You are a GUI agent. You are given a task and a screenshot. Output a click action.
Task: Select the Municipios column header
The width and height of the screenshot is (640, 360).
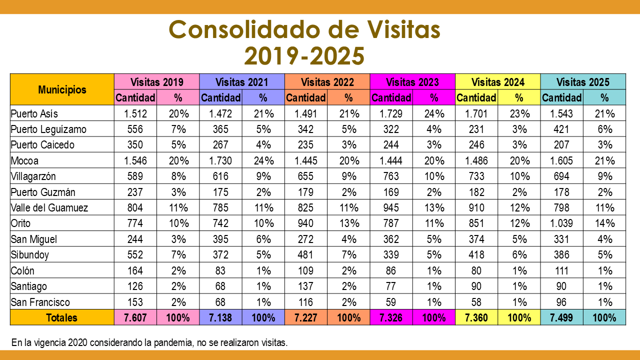[62, 89]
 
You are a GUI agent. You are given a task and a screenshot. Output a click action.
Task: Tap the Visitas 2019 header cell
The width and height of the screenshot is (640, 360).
[156, 82]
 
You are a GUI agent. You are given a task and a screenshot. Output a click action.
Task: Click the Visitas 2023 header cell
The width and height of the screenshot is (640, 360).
[412, 82]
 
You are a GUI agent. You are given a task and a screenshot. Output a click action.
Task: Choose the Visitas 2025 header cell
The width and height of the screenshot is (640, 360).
[582, 82]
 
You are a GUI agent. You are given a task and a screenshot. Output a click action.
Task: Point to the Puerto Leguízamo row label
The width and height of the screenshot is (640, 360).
[48, 129]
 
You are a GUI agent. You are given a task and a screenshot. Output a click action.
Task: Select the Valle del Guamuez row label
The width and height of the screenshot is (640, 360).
[49, 207]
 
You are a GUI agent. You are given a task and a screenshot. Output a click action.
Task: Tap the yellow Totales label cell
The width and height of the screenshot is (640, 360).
[62, 317]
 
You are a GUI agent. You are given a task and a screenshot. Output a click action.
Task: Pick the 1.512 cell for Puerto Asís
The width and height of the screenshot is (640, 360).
[135, 113]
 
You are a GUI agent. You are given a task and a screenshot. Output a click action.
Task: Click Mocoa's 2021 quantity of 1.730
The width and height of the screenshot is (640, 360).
[220, 161]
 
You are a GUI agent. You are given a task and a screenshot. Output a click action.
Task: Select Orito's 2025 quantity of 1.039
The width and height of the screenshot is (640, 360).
[561, 223]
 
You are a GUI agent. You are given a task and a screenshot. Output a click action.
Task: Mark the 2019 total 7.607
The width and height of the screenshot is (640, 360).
[135, 317]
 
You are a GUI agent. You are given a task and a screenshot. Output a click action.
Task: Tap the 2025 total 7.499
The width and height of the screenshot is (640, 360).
[561, 317]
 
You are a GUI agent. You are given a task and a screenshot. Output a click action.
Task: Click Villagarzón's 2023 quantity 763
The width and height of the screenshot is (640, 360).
[391, 176]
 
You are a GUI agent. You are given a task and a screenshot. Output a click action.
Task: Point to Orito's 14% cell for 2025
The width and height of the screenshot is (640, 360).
[604, 223]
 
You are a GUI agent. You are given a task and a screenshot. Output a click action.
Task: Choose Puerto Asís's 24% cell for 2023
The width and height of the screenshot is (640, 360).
[433, 113]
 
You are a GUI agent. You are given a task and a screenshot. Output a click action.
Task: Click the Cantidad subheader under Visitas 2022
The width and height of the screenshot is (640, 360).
[306, 97]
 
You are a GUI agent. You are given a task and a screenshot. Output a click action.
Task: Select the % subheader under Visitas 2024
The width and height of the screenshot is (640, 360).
[519, 97]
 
